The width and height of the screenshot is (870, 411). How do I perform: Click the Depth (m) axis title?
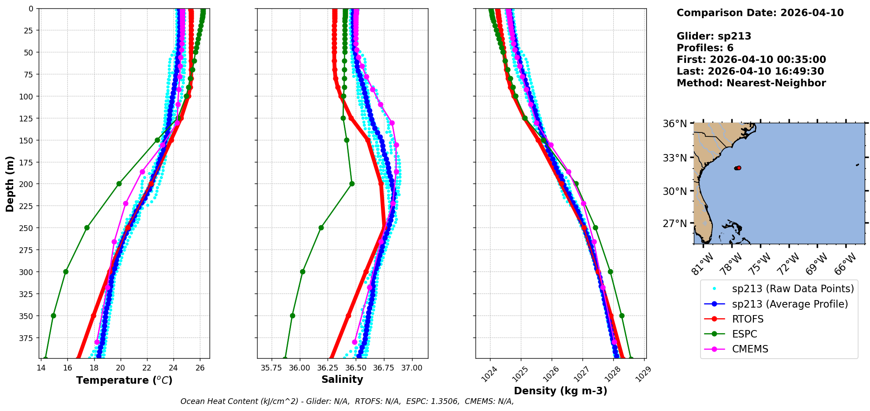10,183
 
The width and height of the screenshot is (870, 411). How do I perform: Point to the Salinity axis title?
342,379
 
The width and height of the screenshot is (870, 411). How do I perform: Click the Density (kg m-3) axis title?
560,391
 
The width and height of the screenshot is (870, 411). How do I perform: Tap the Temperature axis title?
124,380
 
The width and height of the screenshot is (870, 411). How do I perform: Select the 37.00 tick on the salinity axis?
412,368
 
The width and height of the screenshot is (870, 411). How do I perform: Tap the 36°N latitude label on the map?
675,124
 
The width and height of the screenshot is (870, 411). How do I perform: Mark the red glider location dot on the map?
738,168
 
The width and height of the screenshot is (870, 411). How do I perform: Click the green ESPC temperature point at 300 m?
66,272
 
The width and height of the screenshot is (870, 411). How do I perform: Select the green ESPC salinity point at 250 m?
321,228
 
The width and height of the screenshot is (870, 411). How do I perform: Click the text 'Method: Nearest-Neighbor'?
751,83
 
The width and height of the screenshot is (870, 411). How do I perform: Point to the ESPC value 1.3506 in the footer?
444,401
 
